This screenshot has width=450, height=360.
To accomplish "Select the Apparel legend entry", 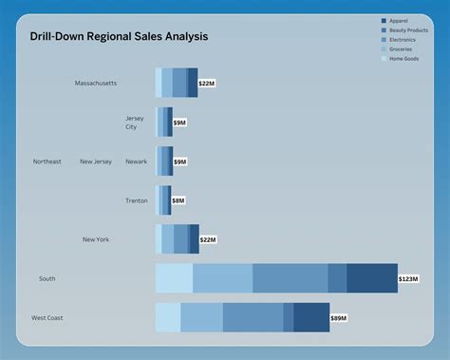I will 402,21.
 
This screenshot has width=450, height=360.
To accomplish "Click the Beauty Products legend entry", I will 409,30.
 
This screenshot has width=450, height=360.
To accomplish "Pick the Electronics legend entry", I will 403,40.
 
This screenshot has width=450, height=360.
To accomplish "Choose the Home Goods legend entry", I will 404,59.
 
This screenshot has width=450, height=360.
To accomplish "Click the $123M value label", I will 408,279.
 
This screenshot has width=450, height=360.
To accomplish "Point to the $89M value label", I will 339,318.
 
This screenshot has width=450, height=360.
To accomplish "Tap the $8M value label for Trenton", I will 178,201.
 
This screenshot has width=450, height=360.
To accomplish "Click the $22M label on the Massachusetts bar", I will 208,84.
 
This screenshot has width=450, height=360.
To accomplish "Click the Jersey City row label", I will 136,123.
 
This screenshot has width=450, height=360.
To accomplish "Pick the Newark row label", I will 137,161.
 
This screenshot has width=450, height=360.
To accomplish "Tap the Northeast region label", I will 47,161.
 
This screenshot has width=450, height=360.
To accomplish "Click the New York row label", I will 96,239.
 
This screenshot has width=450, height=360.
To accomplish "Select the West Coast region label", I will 47,318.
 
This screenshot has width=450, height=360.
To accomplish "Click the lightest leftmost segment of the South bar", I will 174,278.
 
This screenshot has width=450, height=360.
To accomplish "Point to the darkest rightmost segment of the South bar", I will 371,278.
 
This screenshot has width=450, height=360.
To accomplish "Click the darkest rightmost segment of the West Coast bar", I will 311,317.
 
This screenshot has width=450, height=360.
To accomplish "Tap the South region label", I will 47,278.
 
